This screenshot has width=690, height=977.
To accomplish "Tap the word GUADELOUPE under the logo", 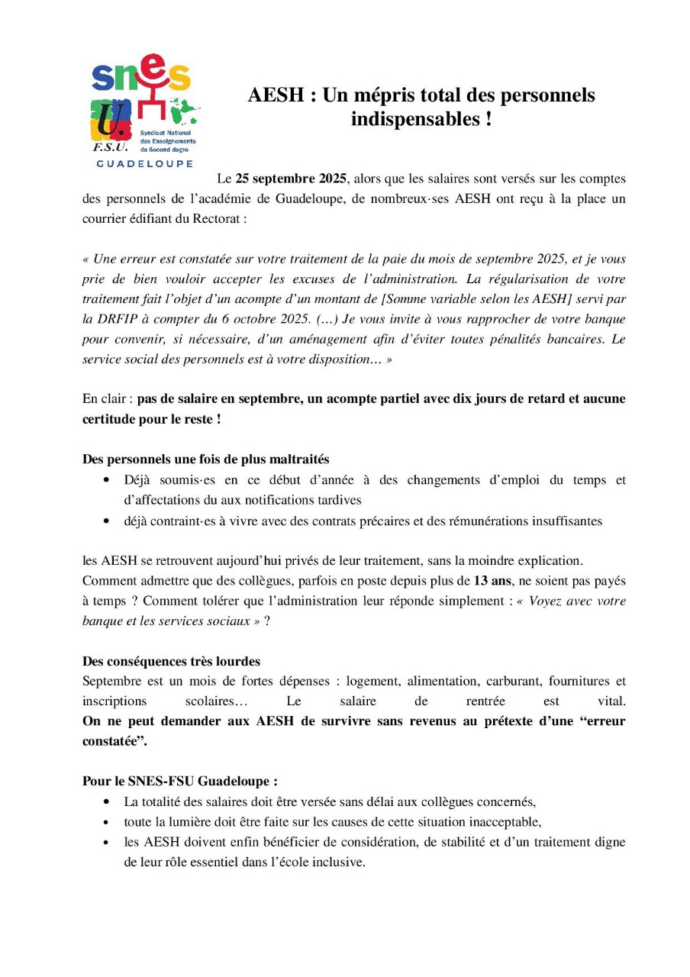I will click(x=142, y=163).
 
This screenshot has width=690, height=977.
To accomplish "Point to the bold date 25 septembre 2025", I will click(x=291, y=179).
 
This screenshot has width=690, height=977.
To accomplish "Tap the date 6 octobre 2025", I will click(x=245, y=318).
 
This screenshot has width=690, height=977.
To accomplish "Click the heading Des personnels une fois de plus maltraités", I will click(x=205, y=459).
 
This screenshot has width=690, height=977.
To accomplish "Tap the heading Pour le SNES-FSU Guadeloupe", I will click(x=179, y=782).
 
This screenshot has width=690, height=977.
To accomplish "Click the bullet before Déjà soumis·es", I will click(x=105, y=481).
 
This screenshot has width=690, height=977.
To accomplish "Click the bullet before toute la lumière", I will click(x=105, y=823).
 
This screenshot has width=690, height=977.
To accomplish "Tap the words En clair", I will click(x=104, y=399).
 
